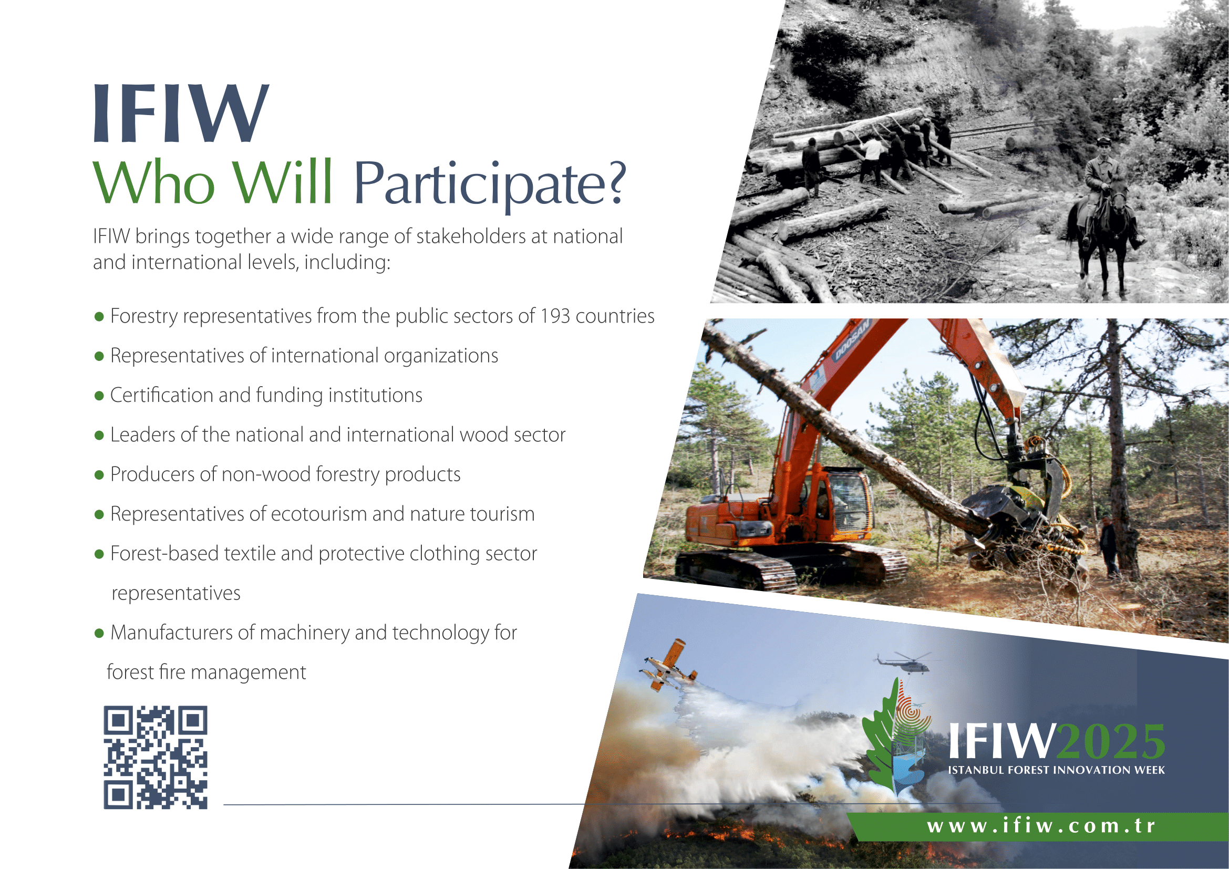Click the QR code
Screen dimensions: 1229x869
coord(155,757)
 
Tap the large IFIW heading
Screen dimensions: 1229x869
coord(181,113)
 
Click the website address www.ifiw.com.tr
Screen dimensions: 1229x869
coord(1041,826)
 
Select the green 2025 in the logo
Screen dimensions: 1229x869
coord(1111,742)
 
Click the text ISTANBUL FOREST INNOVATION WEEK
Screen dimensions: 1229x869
coord(1057,770)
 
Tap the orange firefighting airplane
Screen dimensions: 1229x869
coord(668,665)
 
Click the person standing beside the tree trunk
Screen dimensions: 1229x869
coord(1108,546)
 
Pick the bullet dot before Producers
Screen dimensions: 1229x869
coord(99,474)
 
